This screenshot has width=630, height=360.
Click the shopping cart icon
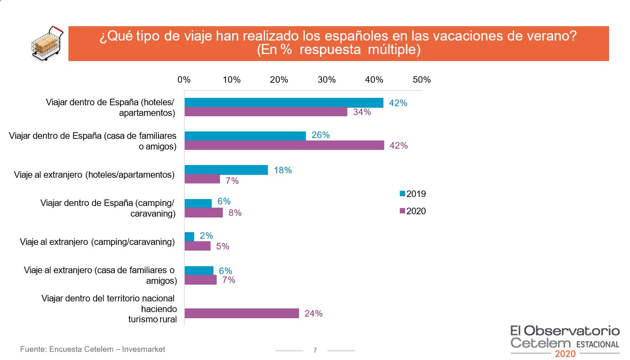coord(47,44)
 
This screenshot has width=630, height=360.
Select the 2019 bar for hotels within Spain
coord(284,103)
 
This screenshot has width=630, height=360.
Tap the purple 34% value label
coord(362,112)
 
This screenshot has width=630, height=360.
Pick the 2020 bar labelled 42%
coord(284,145)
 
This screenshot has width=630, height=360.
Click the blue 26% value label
coord(320,135)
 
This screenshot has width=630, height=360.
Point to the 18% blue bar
coord(226,170)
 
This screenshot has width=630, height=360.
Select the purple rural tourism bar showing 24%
coord(242,313)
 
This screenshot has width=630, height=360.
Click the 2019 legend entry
coord(413,194)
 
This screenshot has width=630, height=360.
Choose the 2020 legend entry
coord(413,211)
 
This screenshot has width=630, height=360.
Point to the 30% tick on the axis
coord(326,80)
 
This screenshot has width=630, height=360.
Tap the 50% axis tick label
coord(422,80)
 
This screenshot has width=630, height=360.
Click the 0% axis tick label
coord(184,80)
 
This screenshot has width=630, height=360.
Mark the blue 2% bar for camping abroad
coord(189,237)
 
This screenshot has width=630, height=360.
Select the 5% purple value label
coord(222,247)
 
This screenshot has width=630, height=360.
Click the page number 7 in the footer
coord(315,350)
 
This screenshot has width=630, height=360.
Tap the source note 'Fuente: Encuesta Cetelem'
coord(93,349)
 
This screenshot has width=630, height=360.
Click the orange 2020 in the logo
coord(565,354)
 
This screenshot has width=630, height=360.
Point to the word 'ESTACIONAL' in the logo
coord(598,344)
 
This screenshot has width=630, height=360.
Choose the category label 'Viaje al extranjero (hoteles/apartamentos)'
coord(94,175)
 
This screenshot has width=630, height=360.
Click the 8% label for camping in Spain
coord(235,213)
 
